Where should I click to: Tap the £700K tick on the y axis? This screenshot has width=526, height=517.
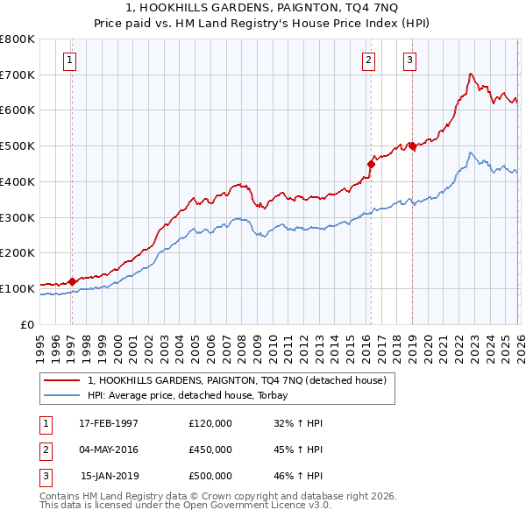coord(18,74)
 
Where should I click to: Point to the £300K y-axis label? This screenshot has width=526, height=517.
coord(18,217)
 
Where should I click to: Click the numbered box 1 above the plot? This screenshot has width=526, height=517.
coord(69,60)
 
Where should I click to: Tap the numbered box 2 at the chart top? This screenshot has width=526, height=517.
coord(368,60)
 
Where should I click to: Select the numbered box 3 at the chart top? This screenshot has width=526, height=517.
coord(409,60)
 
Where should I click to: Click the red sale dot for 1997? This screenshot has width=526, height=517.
coord(72,281)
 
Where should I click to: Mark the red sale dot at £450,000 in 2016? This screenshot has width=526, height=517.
coord(371,163)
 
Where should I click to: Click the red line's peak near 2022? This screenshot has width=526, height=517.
coord(471,74)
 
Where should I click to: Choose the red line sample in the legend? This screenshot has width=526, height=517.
coord(61,381)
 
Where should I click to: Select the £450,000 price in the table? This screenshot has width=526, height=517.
coord(210,449)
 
